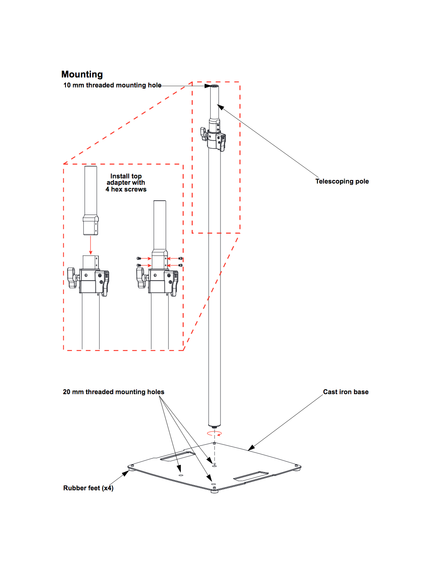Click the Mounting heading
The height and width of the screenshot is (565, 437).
[x=82, y=74]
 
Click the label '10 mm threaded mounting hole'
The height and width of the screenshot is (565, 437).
[x=112, y=85]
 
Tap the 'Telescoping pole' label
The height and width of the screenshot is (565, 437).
[x=342, y=181]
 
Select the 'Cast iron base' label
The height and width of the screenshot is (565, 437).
[x=346, y=392]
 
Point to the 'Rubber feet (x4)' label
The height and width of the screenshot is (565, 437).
[x=88, y=488]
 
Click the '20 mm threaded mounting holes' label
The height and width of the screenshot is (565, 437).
[x=113, y=392]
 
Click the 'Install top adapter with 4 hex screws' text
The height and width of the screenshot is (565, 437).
[x=126, y=183]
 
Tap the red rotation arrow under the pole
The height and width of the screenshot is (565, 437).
[x=215, y=433]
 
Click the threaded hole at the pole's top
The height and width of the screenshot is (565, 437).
[x=215, y=85]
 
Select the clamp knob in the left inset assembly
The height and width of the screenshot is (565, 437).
[x=72, y=277]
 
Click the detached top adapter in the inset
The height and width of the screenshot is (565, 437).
[x=91, y=201]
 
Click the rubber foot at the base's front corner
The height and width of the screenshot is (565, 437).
[x=215, y=490]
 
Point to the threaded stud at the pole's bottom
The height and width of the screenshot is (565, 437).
[x=215, y=427]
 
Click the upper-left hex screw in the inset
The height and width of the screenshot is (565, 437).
[x=139, y=258]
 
